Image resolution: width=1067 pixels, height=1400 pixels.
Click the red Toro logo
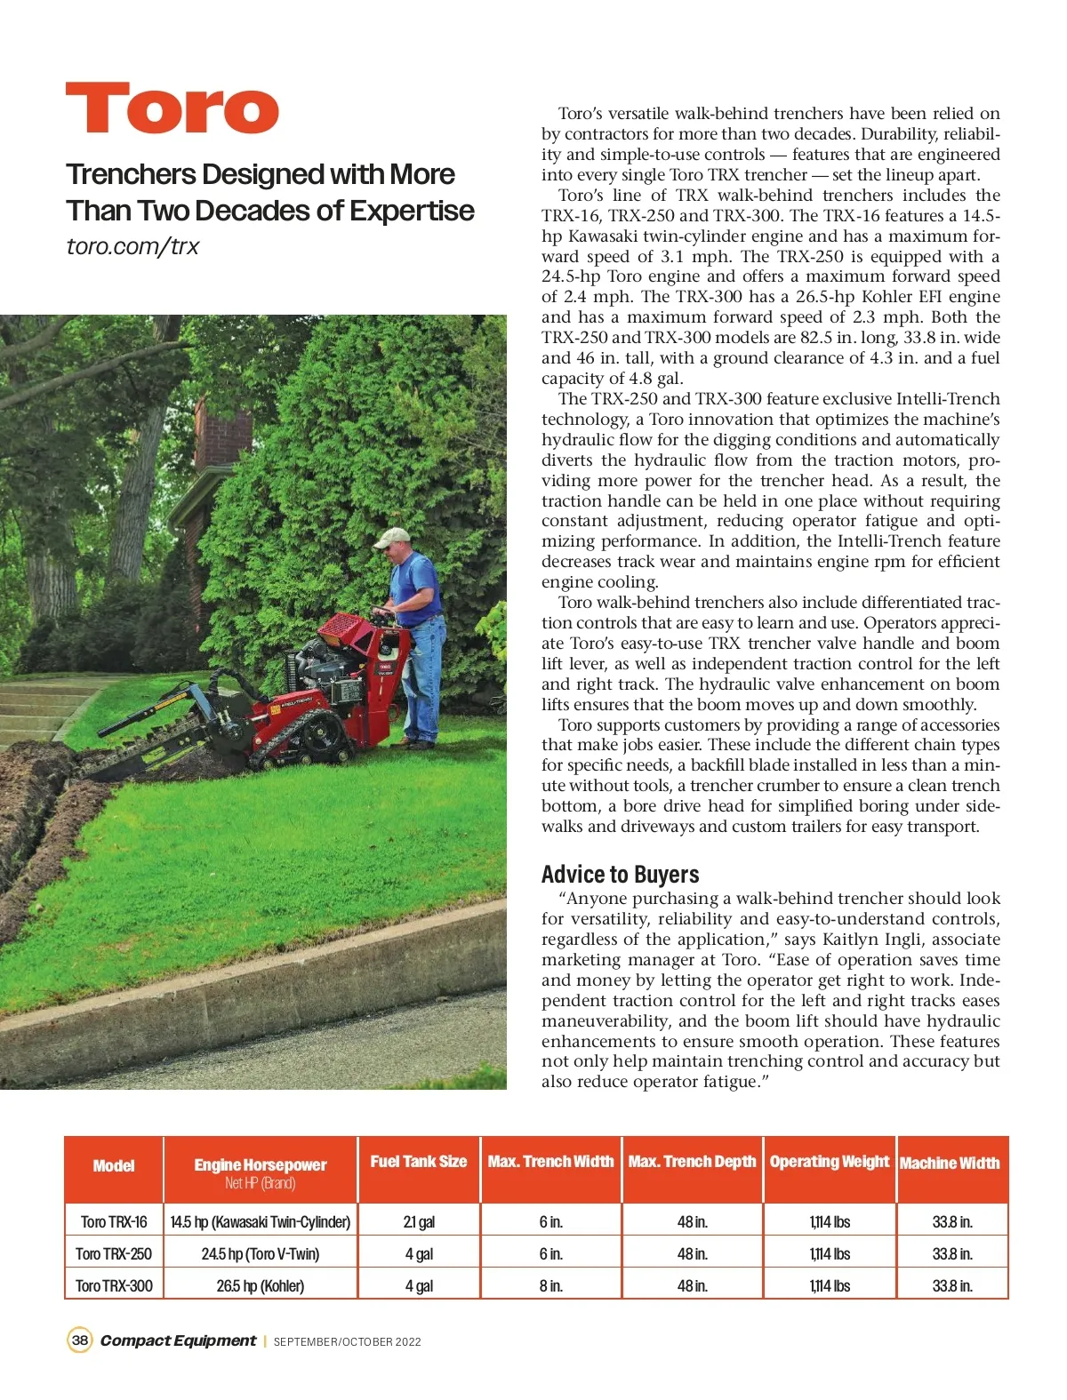172,108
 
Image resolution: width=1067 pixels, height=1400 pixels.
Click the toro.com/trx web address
132,246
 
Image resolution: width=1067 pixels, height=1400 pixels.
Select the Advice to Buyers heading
620,874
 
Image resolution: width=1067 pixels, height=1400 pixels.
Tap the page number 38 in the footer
80,1340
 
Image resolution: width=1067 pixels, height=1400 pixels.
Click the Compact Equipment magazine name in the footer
178,1340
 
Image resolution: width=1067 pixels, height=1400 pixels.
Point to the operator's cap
391,537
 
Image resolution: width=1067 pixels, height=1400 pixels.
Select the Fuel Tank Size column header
418,1162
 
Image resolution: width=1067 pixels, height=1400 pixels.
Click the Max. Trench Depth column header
692,1162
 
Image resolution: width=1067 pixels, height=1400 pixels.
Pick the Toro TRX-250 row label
114,1254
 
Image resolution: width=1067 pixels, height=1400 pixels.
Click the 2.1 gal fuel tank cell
419,1222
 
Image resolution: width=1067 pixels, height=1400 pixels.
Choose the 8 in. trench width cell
550,1286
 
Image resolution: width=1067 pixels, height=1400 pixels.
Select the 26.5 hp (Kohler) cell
260,1286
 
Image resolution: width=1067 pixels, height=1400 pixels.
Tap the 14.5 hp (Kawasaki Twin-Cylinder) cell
260,1222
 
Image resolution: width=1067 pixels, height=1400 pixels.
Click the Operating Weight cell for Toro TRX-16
830,1222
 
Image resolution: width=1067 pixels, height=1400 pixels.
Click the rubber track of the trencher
302,741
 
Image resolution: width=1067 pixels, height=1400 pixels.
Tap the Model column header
114,1166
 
